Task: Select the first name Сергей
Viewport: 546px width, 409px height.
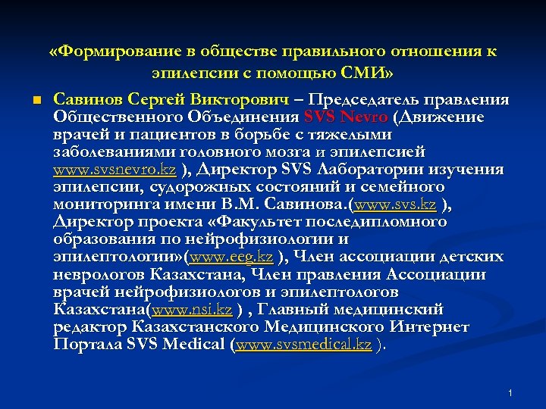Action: (152, 101)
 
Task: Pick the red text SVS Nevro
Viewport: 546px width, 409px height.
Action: (345, 117)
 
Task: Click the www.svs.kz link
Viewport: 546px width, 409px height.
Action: (394, 204)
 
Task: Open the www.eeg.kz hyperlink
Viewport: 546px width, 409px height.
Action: (234, 257)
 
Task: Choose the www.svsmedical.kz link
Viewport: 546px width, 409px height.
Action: (303, 345)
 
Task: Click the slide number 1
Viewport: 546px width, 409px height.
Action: (510, 392)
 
